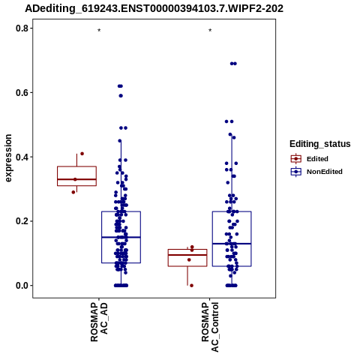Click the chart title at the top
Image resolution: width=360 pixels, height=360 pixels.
[154, 8]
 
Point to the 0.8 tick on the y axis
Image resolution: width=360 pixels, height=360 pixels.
[22, 28]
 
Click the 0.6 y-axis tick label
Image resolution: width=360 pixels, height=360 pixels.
[22, 93]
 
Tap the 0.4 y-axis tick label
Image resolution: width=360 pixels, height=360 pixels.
[22, 157]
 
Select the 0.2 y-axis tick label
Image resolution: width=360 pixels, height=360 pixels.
[22, 221]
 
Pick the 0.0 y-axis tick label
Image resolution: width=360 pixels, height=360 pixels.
[22, 286]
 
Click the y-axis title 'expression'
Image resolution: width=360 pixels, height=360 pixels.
[8, 158]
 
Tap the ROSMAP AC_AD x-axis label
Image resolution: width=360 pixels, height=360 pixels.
[99, 322]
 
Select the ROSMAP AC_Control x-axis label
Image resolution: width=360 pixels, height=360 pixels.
[210, 327]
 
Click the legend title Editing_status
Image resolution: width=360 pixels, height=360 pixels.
[319, 144]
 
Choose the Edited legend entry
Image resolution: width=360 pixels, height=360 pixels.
[309, 159]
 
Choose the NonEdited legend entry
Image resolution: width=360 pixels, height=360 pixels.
[316, 172]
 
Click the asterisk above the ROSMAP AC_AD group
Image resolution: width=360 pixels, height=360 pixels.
[99, 30]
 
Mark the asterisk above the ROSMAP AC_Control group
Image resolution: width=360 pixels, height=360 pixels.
[210, 30]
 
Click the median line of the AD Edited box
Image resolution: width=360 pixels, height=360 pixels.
[76, 179]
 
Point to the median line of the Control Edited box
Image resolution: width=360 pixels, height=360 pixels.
[187, 255]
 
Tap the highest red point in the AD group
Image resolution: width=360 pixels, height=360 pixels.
[82, 154]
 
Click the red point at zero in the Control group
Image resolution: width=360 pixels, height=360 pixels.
[191, 286]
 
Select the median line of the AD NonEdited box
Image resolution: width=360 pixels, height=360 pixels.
[121, 237]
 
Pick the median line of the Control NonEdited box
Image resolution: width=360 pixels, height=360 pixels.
[232, 244]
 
